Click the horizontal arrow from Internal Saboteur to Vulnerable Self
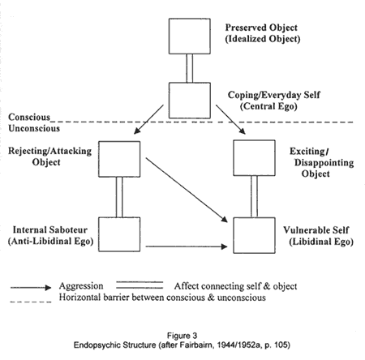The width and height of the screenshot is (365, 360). click(x=187, y=246)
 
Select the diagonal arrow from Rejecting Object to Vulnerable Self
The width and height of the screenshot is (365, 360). click(x=187, y=190)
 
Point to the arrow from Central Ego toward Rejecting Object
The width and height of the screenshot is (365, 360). click(x=148, y=119)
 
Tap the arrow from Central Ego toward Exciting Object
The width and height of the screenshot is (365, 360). click(x=230, y=119)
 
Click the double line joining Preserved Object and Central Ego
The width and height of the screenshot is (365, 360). click(x=190, y=68)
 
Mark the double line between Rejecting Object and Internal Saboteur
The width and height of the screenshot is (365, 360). click(x=119, y=197)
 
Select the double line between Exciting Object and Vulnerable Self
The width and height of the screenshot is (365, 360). click(x=254, y=196)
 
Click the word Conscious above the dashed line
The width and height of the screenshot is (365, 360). click(x=29, y=117)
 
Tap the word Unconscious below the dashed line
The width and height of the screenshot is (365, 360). click(x=34, y=128)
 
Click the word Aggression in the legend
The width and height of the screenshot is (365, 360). click(x=81, y=286)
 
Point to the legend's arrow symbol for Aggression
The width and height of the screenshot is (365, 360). click(x=31, y=288)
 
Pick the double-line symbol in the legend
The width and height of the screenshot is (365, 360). click(x=140, y=285)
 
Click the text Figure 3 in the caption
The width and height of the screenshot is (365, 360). click(x=182, y=336)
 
